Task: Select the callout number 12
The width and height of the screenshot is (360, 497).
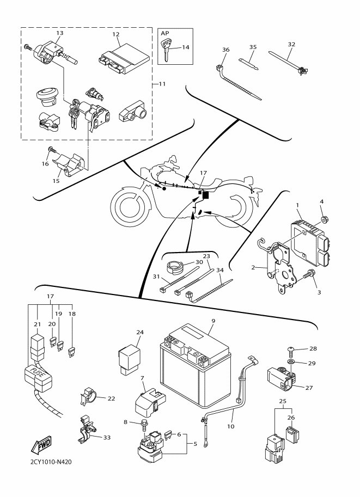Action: click(x=115, y=35)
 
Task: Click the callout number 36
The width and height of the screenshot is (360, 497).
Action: click(x=226, y=50)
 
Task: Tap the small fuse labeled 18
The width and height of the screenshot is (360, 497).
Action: click(x=70, y=354)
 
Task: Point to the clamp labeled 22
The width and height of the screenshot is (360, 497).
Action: click(x=91, y=398)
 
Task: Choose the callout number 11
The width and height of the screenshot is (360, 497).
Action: click(x=162, y=84)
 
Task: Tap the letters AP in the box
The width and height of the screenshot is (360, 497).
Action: click(x=164, y=33)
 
